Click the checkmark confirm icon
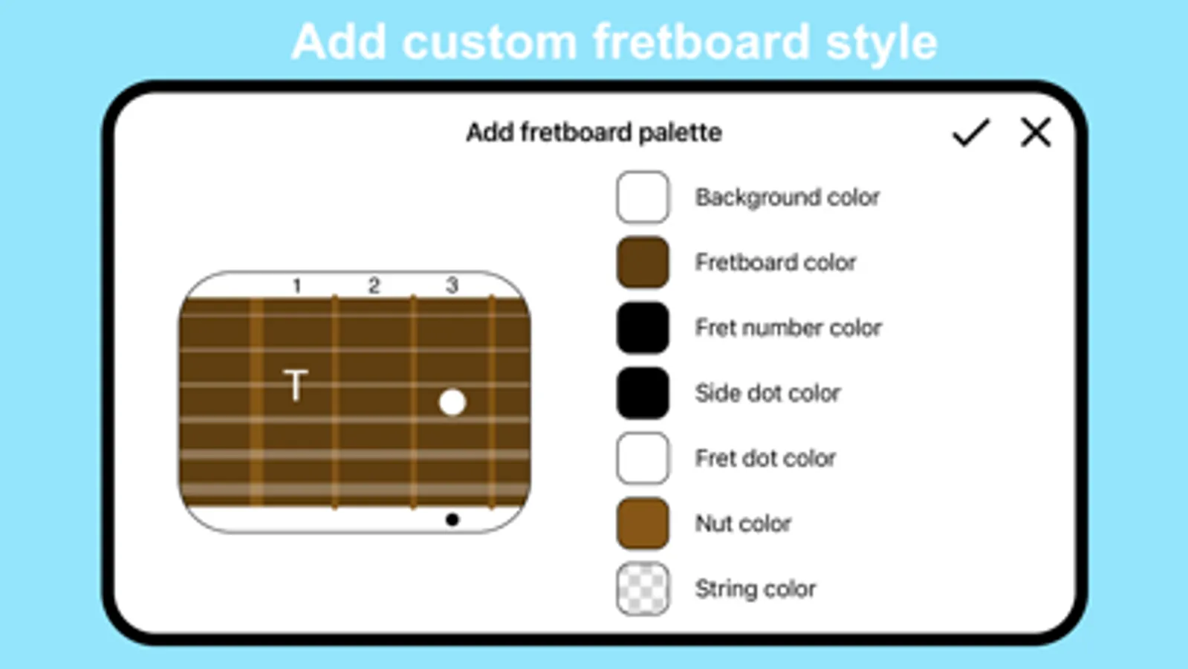point(970,132)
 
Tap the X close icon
point(1035,132)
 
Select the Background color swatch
point(643,197)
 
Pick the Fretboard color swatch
point(643,262)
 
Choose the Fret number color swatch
point(643,327)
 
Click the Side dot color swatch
point(643,392)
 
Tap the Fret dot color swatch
point(643,458)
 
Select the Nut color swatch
point(643,523)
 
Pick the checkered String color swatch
point(643,589)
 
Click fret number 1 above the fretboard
point(297,286)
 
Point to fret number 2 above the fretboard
point(374,286)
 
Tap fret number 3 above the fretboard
point(452,285)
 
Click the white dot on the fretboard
point(452,402)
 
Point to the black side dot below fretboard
point(452,520)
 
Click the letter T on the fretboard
point(296,384)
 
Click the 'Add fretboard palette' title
point(594,132)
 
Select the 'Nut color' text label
point(743,523)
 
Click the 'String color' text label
point(756,589)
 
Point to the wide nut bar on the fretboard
point(256,401)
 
